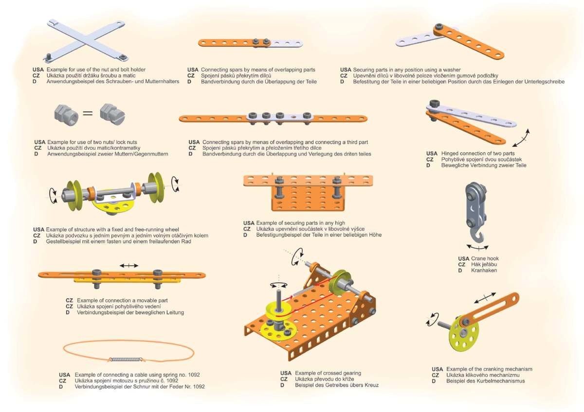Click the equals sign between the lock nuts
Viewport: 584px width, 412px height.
[x=88, y=113]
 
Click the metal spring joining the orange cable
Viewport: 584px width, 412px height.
[x=126, y=360]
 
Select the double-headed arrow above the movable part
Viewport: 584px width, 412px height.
[x=129, y=265]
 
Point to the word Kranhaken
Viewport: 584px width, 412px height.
[x=484, y=271]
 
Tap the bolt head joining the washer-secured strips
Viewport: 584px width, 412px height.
[x=439, y=27]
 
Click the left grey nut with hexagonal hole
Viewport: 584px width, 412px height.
[x=66, y=115]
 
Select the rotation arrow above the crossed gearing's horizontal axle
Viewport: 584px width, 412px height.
[x=298, y=257]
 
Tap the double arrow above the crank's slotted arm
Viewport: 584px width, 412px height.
[x=485, y=298]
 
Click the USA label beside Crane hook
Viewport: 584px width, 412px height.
[x=463, y=258]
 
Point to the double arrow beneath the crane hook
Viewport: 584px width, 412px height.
[x=477, y=247]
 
